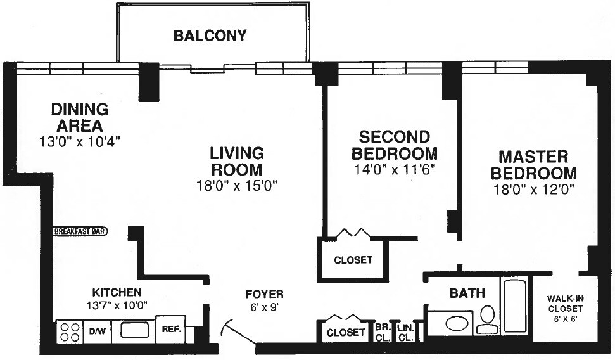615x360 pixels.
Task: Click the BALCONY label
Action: pyautogui.click(x=210, y=35)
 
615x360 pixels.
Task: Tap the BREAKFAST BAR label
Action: pyautogui.click(x=80, y=231)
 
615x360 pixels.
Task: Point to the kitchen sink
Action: pyautogui.click(x=134, y=330)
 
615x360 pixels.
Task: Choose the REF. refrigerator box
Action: pyautogui.click(x=171, y=330)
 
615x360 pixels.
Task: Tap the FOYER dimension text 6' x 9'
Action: pyautogui.click(x=265, y=307)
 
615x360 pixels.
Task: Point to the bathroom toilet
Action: pyautogui.click(x=487, y=320)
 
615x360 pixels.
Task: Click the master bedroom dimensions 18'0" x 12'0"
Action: pyautogui.click(x=533, y=190)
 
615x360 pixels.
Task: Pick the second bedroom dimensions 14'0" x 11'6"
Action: pyautogui.click(x=394, y=170)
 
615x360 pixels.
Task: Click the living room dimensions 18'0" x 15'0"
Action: pyautogui.click(x=237, y=186)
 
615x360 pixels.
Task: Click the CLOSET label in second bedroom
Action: pyautogui.click(x=353, y=260)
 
